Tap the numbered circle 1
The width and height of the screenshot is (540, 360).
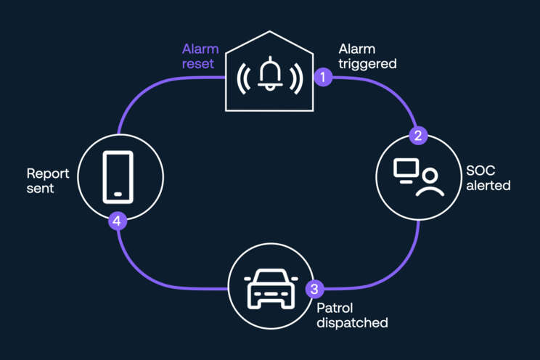(x=323, y=76)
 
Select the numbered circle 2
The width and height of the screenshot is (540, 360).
(x=417, y=135)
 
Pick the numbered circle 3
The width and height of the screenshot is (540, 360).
(x=314, y=289)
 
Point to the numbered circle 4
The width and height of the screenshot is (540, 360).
(x=118, y=220)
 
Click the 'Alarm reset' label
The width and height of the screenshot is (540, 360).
(x=200, y=57)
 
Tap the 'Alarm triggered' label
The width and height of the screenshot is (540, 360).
(x=367, y=57)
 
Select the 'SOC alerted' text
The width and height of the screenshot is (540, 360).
(x=488, y=179)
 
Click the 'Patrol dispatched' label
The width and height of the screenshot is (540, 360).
(x=352, y=315)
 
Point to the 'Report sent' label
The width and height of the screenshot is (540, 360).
(x=48, y=181)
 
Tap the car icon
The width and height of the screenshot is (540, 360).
(x=271, y=288)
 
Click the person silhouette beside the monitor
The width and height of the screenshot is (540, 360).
(x=430, y=184)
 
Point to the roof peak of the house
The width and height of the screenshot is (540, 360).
(x=270, y=33)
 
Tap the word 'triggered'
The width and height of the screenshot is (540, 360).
(x=367, y=64)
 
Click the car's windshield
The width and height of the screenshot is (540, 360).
(x=271, y=279)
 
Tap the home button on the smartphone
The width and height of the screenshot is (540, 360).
(x=118, y=194)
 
